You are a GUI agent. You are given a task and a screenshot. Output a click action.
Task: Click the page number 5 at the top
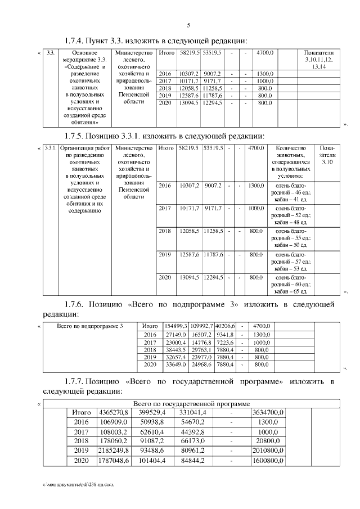(188, 25)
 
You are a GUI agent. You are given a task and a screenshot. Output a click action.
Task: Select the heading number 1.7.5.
(75, 136)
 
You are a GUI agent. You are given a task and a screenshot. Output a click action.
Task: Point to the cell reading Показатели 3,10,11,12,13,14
(318, 59)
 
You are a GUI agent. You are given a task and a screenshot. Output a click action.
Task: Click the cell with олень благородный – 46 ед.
(290, 192)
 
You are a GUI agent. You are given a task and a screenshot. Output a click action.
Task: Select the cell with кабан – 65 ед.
(290, 291)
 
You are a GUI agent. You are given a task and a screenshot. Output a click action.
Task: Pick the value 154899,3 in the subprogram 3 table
(175, 326)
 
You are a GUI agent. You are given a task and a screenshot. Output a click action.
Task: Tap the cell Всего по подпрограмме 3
(90, 326)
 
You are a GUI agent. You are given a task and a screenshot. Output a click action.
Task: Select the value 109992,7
(201, 326)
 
